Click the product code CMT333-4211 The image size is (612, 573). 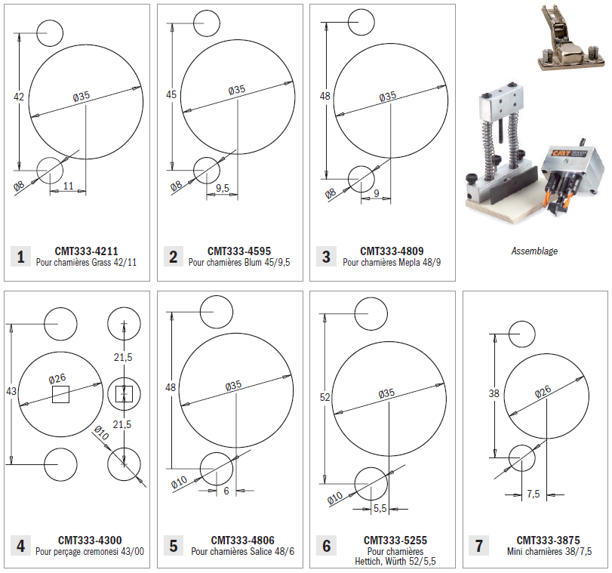click(x=86, y=251)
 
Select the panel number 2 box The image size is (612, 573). click(x=173, y=257)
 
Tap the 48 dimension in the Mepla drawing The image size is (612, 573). click(x=326, y=96)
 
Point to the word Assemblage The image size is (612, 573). click(x=534, y=251)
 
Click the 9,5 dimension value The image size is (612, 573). click(x=222, y=187)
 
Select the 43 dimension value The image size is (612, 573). click(x=11, y=391)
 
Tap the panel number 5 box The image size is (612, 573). click(x=173, y=545)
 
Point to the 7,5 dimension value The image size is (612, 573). click(x=534, y=494)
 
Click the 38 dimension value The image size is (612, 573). click(x=494, y=393)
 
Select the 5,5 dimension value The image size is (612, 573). click(x=380, y=508)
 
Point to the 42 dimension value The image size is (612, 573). click(x=20, y=96)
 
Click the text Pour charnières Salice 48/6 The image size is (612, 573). click(x=242, y=551)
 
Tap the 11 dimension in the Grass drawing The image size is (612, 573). click(x=68, y=186)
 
